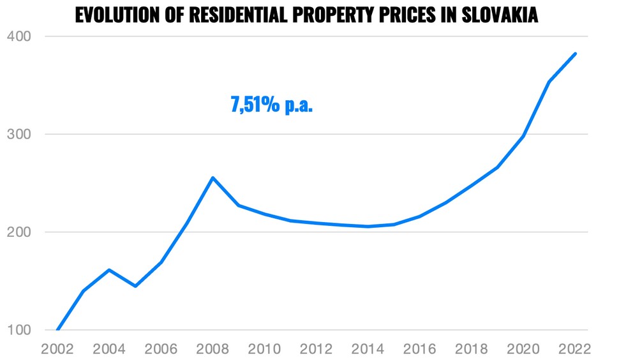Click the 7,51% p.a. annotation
click(272, 104)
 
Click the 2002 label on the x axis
click(57, 349)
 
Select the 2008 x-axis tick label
click(213, 349)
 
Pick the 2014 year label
click(368, 349)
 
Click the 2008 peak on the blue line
click(213, 177)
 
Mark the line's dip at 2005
click(135, 286)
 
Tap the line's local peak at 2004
click(109, 270)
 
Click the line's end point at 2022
click(576, 54)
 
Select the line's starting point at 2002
click(57, 330)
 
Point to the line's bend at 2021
click(549, 82)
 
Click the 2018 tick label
click(472, 349)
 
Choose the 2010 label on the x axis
click(264, 349)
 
